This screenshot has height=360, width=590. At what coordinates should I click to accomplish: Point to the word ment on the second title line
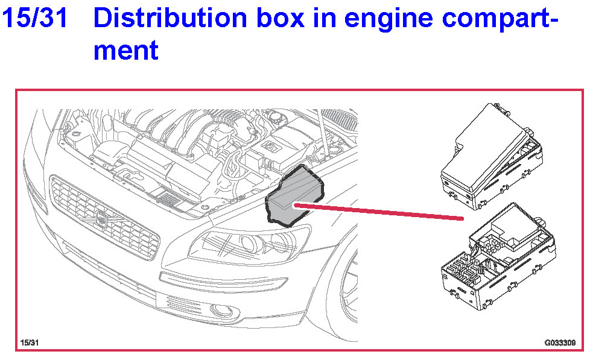[125, 50]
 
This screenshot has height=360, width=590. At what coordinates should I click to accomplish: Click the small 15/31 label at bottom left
[30, 343]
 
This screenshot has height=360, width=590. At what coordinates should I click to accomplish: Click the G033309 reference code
[560, 343]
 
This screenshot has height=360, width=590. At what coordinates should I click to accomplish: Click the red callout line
[380, 211]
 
